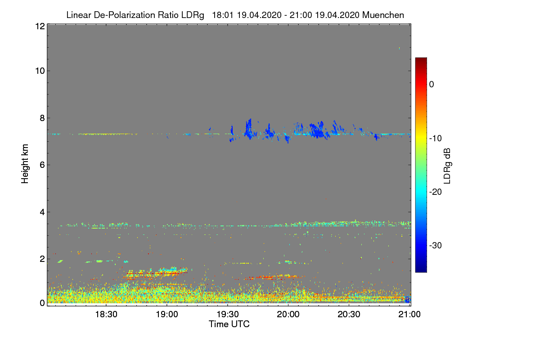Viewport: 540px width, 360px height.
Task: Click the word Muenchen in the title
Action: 383,15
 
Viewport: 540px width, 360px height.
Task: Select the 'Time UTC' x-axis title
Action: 229,324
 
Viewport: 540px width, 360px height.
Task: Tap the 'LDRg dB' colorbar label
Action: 447,165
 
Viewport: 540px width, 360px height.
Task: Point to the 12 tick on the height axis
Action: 39,26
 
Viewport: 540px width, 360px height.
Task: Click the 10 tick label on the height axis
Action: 39,71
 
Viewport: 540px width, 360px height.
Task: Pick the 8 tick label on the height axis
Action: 41,118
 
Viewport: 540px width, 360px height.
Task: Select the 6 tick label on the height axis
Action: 41,165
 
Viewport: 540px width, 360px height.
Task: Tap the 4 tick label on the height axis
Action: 41,211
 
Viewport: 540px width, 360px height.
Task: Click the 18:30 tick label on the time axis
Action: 107,314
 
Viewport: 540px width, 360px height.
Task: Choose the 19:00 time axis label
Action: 167,314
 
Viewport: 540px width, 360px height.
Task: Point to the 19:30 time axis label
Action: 228,314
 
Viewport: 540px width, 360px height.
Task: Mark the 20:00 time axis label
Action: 288,314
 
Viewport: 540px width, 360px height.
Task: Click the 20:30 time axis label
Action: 349,314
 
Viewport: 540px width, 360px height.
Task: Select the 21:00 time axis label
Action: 409,314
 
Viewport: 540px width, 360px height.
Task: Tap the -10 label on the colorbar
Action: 436,138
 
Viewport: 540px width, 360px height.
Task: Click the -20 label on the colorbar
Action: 436,192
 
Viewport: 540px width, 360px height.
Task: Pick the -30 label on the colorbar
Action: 436,246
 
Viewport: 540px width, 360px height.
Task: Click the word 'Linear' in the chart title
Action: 79,15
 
